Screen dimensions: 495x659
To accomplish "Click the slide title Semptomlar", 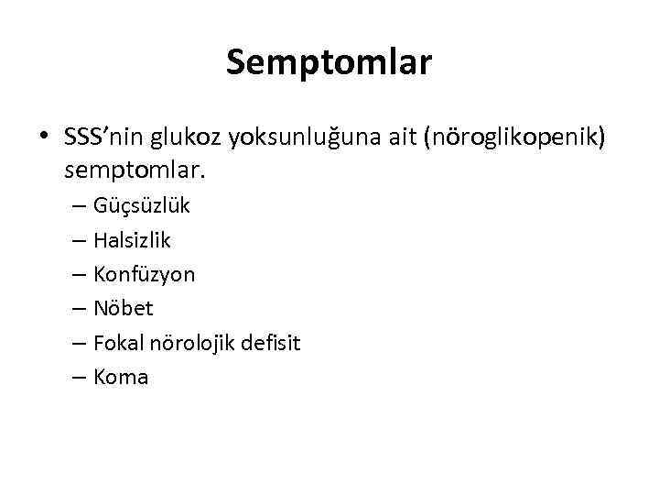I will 329,62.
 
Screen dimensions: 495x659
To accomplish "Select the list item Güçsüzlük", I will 141,205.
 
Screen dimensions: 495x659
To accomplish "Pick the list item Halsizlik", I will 132,240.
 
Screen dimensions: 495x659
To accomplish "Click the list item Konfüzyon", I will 144,274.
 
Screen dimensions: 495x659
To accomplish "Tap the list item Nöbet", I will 123,308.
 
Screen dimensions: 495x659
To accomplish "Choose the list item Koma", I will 120,377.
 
